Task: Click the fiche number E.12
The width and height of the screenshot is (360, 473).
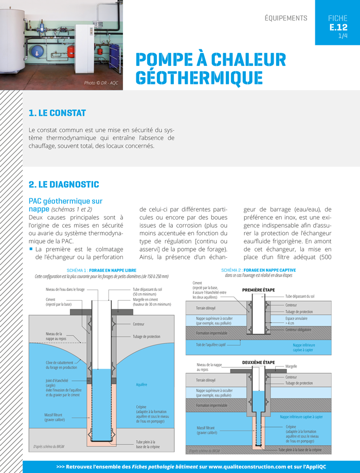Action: point(338,27)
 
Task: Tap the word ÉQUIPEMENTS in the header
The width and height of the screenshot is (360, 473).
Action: point(285,18)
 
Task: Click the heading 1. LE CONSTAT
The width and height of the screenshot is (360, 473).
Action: point(57,113)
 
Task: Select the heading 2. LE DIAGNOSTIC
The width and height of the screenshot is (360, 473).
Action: point(64,184)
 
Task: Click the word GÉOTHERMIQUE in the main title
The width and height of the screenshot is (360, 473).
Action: point(199,77)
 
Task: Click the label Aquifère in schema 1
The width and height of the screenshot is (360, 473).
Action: point(141,384)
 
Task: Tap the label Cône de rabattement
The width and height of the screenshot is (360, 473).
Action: point(61,362)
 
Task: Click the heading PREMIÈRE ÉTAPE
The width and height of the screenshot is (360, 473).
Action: point(258,290)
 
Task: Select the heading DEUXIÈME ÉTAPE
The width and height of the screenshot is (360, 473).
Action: point(259,362)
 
